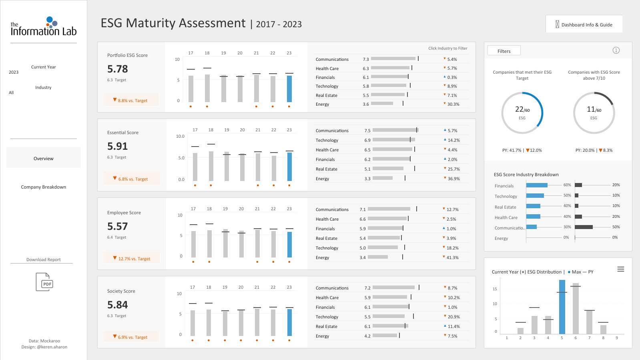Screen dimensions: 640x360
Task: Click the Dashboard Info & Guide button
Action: [584, 24]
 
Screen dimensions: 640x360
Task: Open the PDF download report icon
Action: [44, 282]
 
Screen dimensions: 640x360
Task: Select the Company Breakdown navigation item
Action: [44, 187]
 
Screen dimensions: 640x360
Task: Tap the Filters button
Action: [504, 50]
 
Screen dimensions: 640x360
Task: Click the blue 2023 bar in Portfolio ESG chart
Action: [289, 88]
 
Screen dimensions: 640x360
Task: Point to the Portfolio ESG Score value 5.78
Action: [117, 69]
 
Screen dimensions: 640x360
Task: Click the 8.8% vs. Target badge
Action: [131, 100]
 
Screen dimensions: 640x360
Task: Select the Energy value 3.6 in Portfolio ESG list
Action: [366, 104]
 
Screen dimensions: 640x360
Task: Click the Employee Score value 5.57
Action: [117, 226]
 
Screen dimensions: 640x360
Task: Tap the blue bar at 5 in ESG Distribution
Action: [562, 307]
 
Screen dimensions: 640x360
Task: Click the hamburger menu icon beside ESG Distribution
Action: [620, 269]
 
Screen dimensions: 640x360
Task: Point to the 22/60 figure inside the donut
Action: [522, 109]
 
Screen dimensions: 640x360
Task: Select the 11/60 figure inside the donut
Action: [594, 109]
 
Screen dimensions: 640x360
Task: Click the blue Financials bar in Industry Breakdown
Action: [537, 185]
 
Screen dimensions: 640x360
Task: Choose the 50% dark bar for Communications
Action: [584, 227]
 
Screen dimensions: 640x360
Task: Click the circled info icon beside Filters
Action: [616, 50]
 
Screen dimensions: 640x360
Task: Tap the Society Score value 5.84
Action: [117, 305]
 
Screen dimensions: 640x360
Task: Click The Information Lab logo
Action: [44, 26]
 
